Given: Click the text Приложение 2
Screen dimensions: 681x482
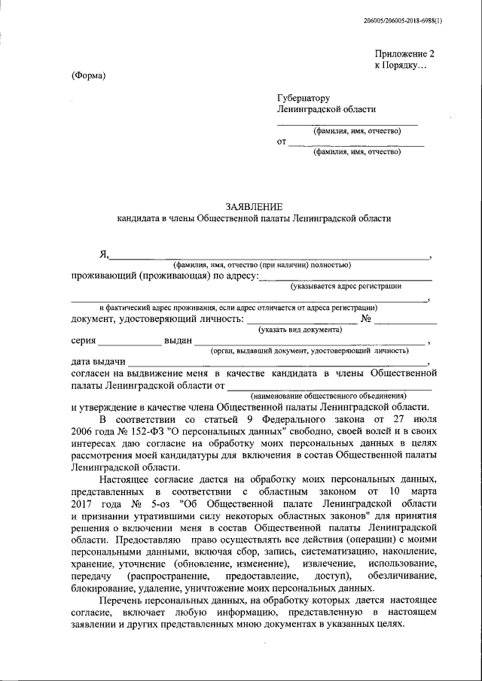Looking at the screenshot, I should click(405, 53).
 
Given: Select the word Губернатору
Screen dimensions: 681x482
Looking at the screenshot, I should click(304, 97).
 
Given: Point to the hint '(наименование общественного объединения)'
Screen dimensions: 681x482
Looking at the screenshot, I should click(329, 395).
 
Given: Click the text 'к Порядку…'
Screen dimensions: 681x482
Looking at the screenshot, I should click(401, 66).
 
